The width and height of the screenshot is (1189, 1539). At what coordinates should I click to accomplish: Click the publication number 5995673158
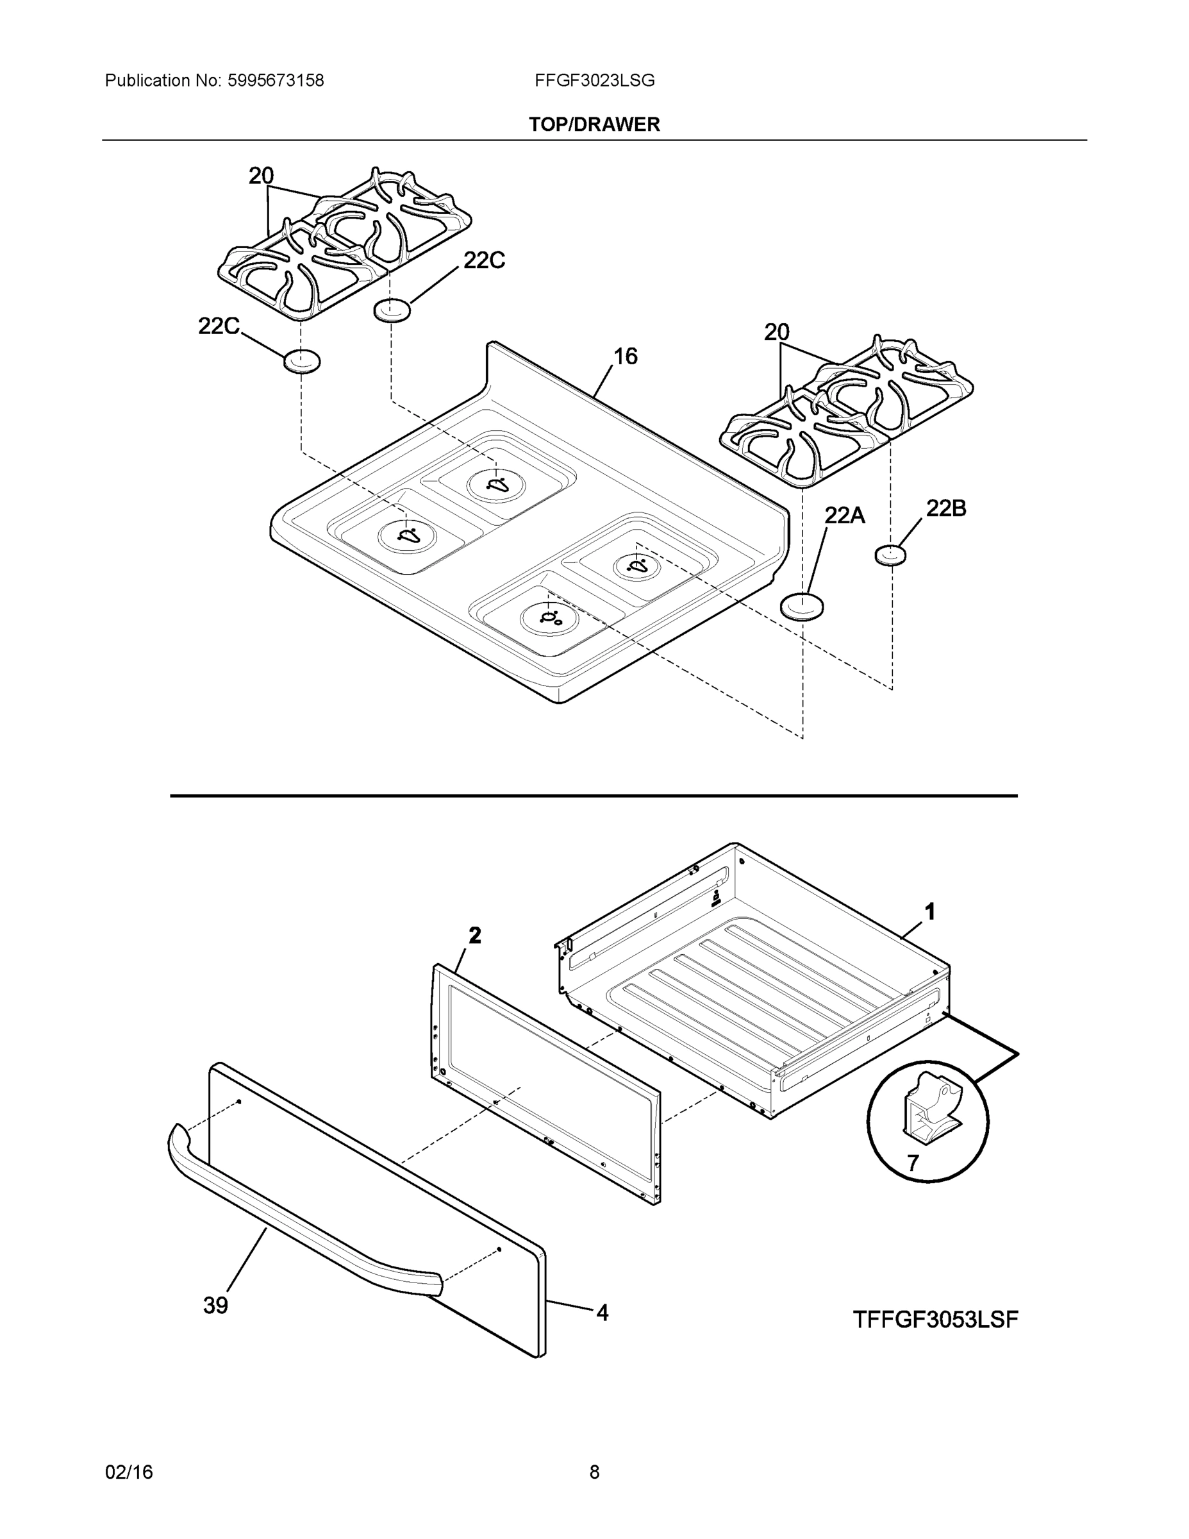276,81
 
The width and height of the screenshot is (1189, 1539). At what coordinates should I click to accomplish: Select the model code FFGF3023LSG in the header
595,81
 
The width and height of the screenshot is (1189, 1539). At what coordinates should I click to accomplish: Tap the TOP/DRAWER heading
595,125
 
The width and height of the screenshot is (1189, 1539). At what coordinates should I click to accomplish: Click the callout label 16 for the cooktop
626,357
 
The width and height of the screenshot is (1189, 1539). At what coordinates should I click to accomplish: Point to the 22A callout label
845,516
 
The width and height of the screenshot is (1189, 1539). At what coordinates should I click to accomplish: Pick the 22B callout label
945,508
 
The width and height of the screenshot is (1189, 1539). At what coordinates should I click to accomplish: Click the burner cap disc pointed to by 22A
802,606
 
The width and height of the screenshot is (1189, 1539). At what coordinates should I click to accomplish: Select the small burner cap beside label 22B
890,555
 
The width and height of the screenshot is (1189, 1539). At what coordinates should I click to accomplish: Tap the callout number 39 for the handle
215,1306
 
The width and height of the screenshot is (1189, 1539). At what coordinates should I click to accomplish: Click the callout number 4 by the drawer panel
603,1312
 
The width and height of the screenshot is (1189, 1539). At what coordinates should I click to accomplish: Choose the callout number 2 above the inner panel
476,936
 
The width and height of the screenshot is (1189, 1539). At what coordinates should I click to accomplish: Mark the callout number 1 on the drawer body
930,912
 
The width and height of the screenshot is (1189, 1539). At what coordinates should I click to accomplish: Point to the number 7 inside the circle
913,1163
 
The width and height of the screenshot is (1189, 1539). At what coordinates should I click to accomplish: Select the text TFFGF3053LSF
935,1320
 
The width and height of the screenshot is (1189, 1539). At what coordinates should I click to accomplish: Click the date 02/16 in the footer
129,1472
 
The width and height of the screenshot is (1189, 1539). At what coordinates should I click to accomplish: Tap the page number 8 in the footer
595,1472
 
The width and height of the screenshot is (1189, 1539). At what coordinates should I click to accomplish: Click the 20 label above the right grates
777,332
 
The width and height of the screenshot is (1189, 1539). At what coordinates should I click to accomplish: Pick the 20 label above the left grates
262,176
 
